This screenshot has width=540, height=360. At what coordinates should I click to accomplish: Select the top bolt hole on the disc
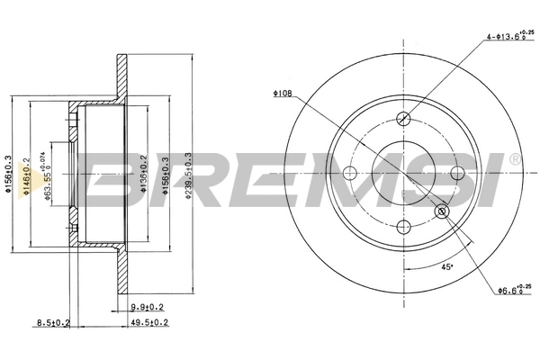pos(404,119)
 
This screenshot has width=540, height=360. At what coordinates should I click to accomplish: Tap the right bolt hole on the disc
pos(457,173)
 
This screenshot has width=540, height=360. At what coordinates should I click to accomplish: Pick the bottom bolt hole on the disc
pos(404,226)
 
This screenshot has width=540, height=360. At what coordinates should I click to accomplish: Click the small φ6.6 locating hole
pos(441,211)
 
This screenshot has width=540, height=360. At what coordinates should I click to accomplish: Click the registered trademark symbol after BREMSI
pos(514,159)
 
